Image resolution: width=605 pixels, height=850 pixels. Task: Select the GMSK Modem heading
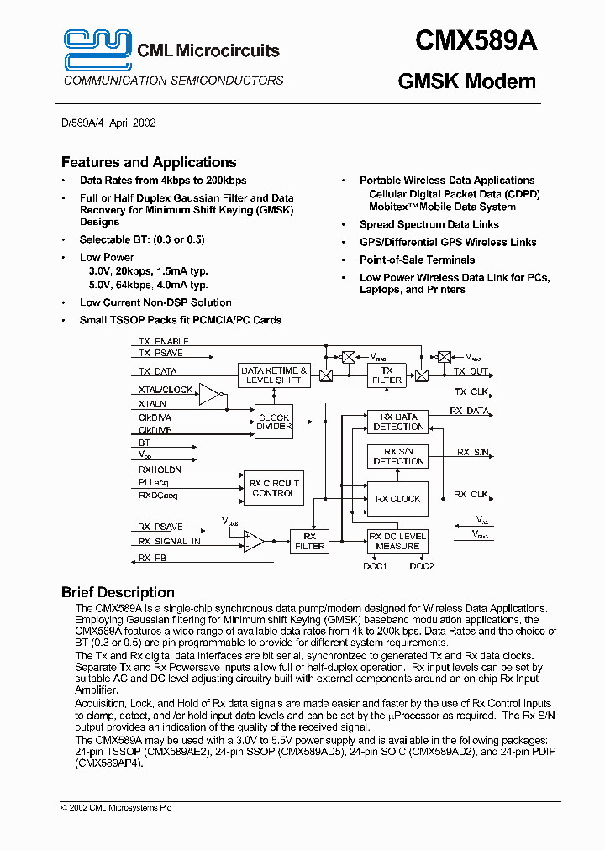click(x=466, y=81)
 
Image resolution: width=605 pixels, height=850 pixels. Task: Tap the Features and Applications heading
click(x=149, y=162)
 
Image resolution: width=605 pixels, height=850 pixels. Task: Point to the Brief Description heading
click(x=118, y=592)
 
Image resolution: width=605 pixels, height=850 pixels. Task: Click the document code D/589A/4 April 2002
click(x=108, y=123)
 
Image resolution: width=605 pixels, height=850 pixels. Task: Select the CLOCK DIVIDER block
click(x=274, y=422)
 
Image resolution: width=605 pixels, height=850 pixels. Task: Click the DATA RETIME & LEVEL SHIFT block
click(x=274, y=375)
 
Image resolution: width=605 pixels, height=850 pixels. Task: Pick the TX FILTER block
click(x=387, y=375)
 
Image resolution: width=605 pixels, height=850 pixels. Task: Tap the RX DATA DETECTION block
click(x=398, y=422)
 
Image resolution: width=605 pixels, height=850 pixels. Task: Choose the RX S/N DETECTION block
click(x=398, y=456)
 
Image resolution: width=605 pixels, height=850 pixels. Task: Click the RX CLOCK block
click(x=398, y=499)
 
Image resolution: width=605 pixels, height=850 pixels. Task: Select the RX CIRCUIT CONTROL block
click(x=273, y=488)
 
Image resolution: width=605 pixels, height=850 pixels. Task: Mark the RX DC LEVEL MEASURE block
click(x=398, y=541)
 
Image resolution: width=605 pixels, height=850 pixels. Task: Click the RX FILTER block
click(x=309, y=541)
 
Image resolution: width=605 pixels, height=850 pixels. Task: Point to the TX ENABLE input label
click(x=164, y=342)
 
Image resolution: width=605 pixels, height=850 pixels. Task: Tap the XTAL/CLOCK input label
click(x=166, y=390)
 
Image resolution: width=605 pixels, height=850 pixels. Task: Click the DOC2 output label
click(x=422, y=566)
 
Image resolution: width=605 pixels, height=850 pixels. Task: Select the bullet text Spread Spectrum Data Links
click(x=429, y=225)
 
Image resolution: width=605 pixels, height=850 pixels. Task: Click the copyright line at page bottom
click(x=117, y=807)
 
